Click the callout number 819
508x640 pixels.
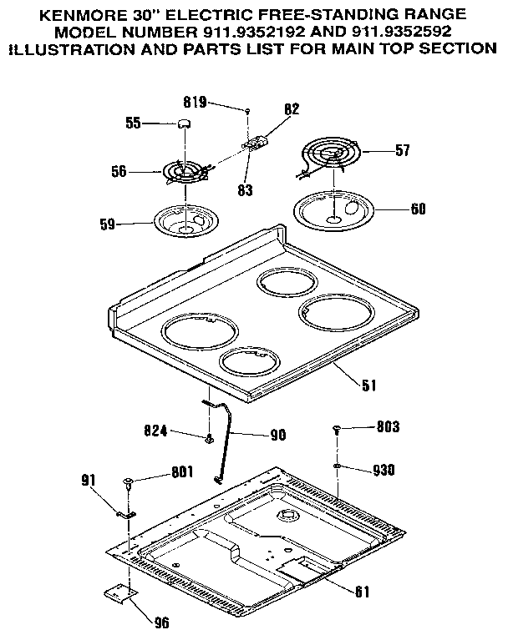(195, 103)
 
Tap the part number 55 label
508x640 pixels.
(133, 123)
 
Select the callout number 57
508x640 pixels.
(403, 151)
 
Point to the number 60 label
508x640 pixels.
(417, 209)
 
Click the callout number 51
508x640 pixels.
(368, 385)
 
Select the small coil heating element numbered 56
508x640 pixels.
(185, 172)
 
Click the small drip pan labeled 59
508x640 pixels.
(185, 220)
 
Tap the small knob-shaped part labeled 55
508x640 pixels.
(183, 123)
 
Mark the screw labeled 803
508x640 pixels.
(336, 429)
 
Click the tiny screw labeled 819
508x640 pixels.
(248, 109)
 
